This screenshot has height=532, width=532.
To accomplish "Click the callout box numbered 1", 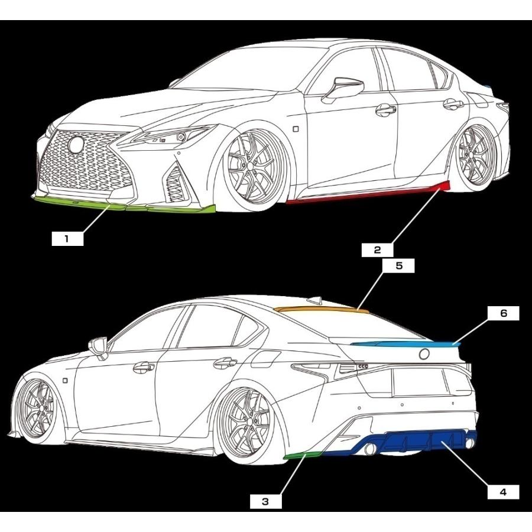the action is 67,239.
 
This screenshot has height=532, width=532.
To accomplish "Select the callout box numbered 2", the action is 377,250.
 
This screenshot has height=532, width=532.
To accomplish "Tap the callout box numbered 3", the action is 265,501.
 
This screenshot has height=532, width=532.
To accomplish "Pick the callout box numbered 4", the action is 503,492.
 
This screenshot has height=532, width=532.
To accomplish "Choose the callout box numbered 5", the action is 398,265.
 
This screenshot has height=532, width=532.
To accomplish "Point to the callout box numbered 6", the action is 503,313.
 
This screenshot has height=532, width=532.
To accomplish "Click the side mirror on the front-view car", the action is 343,89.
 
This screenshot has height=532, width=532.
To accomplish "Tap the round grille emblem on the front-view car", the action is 76,145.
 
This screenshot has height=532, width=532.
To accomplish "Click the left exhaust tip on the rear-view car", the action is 371,449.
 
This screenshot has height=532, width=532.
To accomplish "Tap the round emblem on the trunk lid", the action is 424,354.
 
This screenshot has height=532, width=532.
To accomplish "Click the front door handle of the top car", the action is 386,109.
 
